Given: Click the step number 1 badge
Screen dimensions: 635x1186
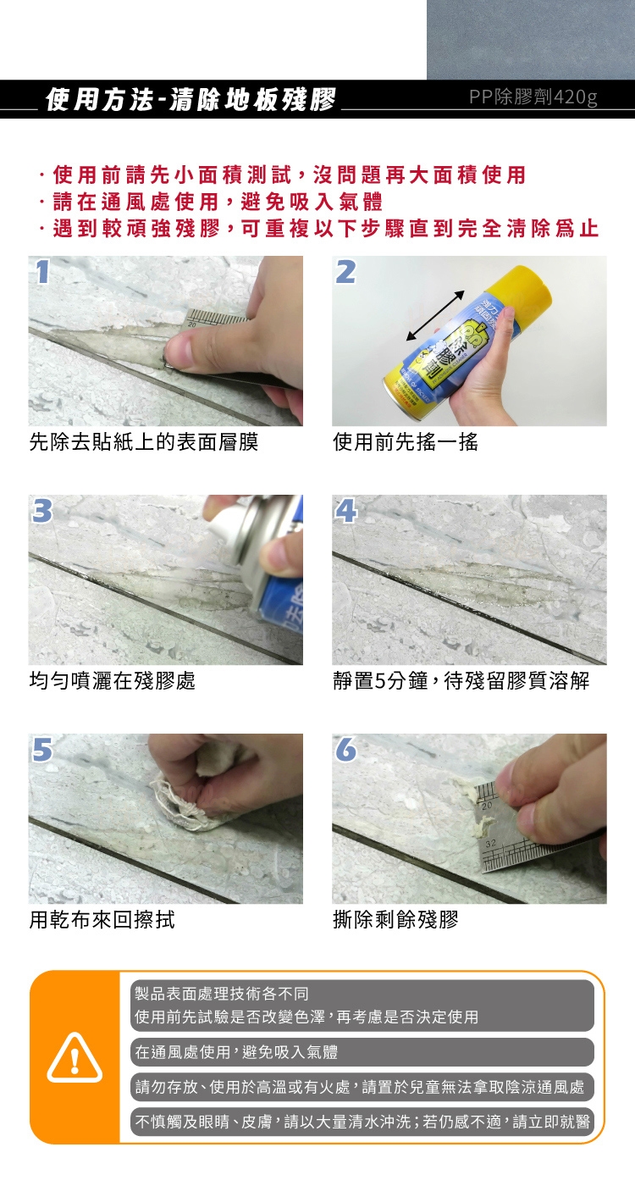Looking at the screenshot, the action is pos(42,271).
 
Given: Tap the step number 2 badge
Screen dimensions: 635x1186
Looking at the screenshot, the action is pos(346,271).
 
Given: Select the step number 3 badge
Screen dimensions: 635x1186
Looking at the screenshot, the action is pos(42,510).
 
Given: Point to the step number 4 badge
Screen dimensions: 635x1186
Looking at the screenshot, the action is pos(346,510).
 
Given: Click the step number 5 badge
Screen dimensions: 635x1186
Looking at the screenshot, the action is pos(42,749).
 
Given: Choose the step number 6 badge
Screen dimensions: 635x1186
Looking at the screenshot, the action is pos(346,749).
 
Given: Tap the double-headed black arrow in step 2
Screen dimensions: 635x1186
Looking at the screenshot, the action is pos(435,315).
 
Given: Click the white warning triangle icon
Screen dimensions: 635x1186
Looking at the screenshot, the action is pos(75,1057).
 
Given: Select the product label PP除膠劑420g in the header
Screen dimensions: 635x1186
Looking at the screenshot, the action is pos(533,97).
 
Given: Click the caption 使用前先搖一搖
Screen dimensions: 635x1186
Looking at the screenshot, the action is pos(406,441).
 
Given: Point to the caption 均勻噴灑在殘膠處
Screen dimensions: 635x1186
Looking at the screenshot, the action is pos(112,680).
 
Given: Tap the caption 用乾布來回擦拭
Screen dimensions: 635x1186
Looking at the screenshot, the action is pos(102,920).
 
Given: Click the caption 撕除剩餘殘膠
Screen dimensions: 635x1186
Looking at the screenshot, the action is pos(395,920).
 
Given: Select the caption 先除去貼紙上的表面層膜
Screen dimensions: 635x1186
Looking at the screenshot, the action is pos(143,441).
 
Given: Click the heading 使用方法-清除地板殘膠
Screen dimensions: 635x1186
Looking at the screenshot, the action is pos(190,100).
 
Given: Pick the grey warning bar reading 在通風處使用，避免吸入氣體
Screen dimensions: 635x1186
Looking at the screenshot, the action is pos(362,1051).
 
